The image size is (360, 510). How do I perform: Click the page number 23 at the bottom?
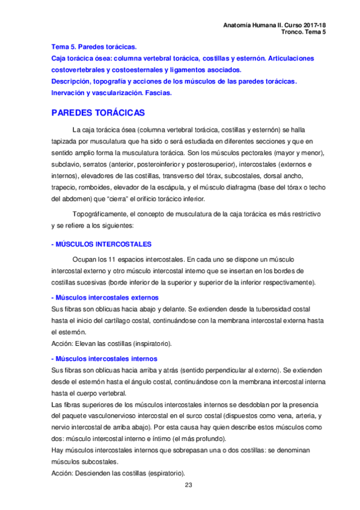[188, 485]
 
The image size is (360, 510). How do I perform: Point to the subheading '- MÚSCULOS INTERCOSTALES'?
[101, 244]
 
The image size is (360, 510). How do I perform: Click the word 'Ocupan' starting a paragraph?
[85, 260]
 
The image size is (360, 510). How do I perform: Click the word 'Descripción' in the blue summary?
[72, 81]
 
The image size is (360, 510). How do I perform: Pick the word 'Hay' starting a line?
[58, 450]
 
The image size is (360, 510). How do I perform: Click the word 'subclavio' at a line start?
[66, 164]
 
